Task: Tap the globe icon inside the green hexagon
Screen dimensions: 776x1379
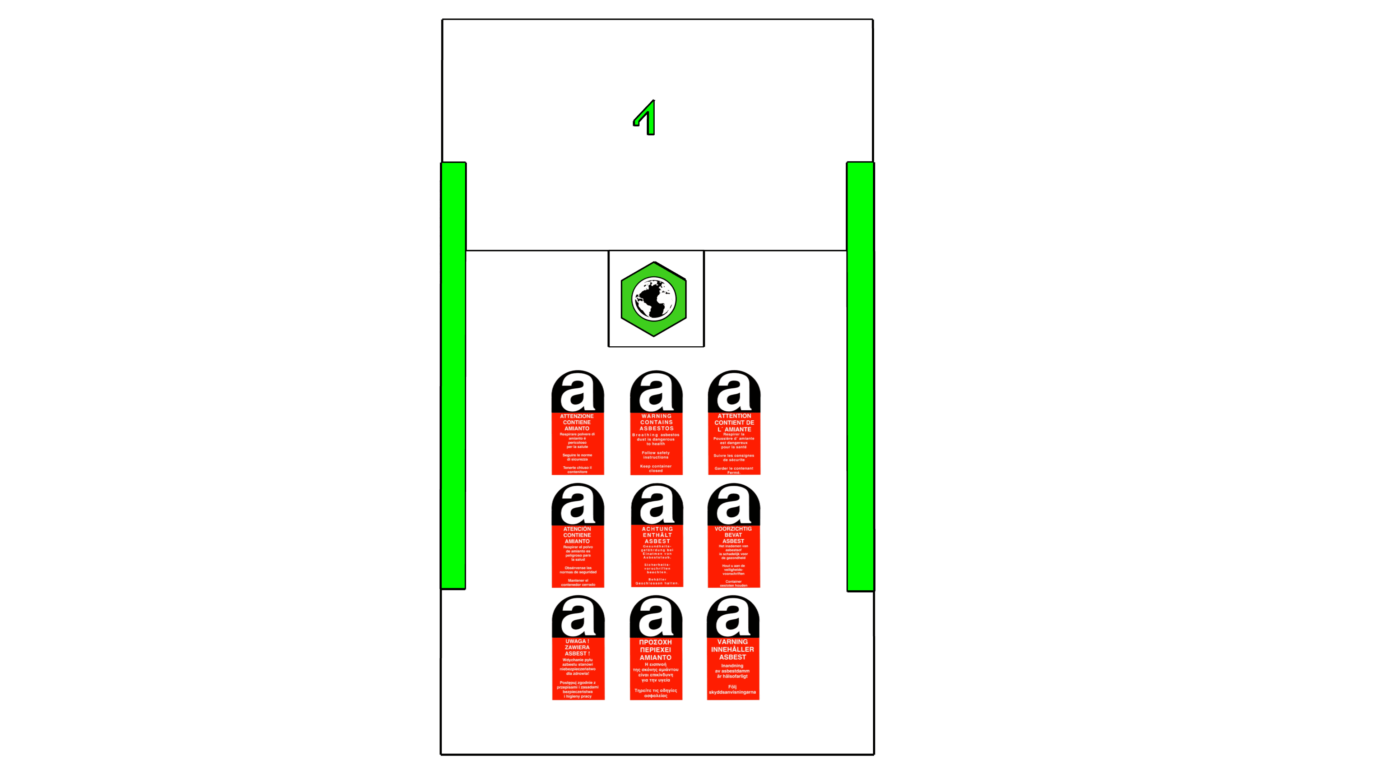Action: (654, 299)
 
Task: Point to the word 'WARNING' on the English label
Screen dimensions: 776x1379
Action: (656, 416)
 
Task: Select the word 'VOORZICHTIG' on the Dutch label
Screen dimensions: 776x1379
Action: (733, 528)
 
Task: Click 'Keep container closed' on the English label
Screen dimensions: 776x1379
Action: (656, 468)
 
